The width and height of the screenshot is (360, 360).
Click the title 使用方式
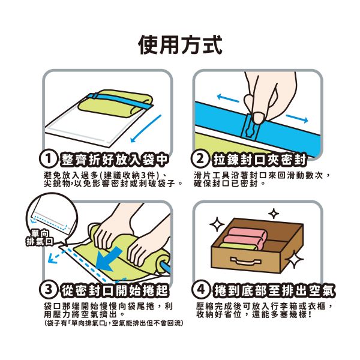pyautogui.click(x=180, y=44)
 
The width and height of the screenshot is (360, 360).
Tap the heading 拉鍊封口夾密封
pyautogui.click(x=259, y=159)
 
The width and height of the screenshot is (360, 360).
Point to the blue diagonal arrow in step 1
pyautogui.click(x=145, y=128)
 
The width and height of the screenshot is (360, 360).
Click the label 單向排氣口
pyautogui.click(x=39, y=236)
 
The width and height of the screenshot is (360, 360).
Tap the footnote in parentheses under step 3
pyautogui.click(x=113, y=323)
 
